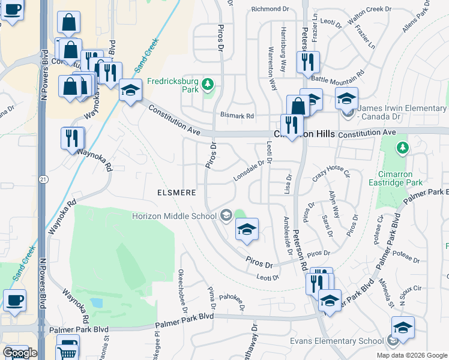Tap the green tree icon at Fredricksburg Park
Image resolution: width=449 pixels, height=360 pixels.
[208, 83]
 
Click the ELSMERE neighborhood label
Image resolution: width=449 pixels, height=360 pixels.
[176, 193]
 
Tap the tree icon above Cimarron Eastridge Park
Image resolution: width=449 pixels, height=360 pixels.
[402, 147]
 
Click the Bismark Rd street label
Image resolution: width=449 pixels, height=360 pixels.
[237, 115]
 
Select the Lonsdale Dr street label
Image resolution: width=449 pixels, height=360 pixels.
[249, 172]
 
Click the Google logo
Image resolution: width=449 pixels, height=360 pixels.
[20, 352]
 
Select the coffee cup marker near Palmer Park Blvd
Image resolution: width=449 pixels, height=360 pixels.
[14, 300]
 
